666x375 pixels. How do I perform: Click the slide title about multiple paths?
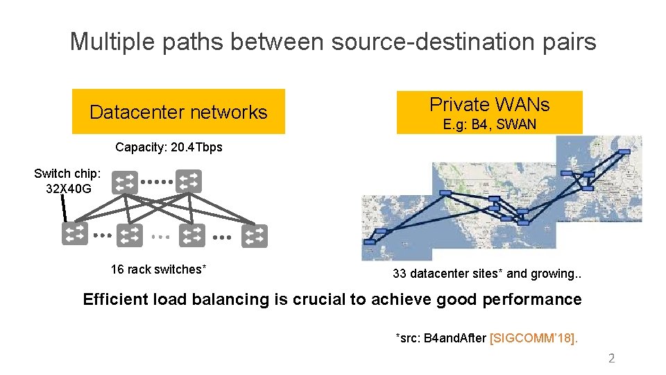(x=333, y=42)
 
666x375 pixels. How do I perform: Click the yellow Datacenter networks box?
(x=178, y=112)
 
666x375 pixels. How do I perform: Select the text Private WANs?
(x=489, y=104)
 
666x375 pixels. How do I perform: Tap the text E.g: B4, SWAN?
(x=489, y=125)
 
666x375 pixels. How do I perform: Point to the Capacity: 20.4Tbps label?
(x=169, y=147)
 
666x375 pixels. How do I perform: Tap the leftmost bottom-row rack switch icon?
(x=75, y=235)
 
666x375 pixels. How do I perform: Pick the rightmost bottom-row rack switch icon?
(x=254, y=235)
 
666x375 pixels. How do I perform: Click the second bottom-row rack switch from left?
(x=130, y=235)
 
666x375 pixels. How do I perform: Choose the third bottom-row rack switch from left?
(x=192, y=235)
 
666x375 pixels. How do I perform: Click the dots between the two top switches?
(x=157, y=183)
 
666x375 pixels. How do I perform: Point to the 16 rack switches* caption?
(x=158, y=269)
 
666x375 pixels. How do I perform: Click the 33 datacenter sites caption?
(x=486, y=274)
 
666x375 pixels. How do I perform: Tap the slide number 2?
(x=611, y=358)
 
